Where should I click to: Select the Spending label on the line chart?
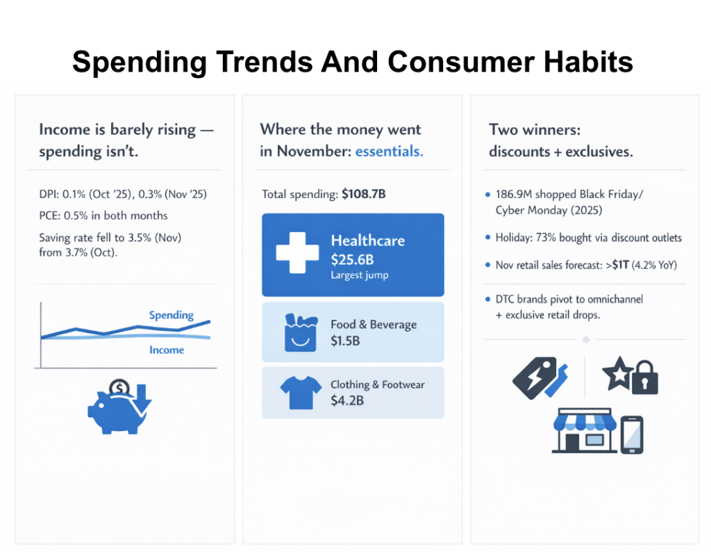171,315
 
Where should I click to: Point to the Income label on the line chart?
167,350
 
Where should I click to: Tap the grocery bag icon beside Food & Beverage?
300,332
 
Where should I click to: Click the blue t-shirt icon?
300,393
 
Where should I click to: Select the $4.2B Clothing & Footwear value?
347,400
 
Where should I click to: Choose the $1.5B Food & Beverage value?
345,341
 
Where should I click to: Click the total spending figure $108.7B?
363,195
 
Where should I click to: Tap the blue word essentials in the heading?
389,151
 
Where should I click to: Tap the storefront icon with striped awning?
582,431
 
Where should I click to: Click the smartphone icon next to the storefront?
630,434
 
